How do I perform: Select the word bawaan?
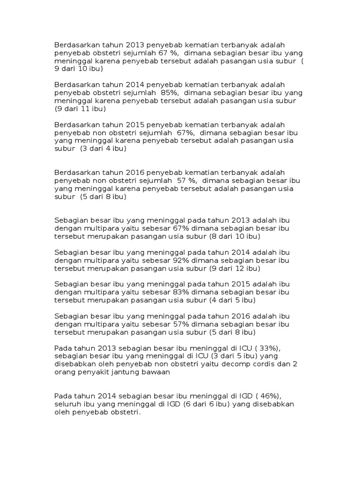coord(155,372)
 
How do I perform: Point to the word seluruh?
coord(67,404)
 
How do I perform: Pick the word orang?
coord(65,372)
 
